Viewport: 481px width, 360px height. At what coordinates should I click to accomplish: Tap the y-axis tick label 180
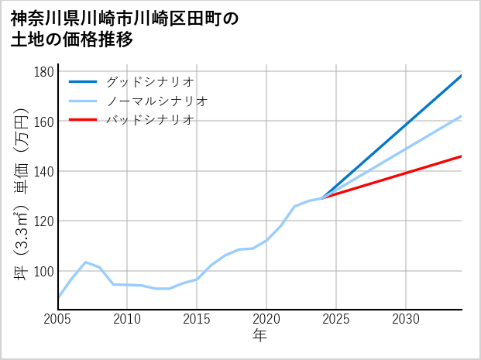click(44, 72)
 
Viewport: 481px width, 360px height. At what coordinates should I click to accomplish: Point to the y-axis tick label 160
click(44, 122)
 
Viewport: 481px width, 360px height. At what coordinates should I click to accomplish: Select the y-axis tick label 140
click(44, 171)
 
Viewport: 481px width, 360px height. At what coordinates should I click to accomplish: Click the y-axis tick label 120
click(44, 221)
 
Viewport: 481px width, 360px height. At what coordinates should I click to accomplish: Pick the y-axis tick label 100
click(44, 271)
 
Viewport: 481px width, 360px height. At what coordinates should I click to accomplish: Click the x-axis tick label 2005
click(58, 319)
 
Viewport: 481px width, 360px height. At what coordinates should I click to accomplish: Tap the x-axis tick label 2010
click(128, 319)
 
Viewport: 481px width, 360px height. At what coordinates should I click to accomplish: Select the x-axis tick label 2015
click(198, 319)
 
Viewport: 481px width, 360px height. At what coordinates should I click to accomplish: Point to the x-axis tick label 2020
click(266, 319)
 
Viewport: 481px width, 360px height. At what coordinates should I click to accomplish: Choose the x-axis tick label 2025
click(336, 319)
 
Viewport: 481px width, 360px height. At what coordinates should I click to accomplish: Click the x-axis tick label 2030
click(406, 319)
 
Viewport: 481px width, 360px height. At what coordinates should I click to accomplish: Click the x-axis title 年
click(259, 336)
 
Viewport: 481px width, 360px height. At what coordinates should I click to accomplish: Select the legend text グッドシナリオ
click(149, 81)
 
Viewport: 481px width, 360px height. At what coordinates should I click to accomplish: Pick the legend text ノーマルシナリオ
click(156, 101)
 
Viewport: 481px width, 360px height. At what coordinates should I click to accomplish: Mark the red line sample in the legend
click(83, 120)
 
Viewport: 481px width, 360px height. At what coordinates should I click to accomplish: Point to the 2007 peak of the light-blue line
click(85, 262)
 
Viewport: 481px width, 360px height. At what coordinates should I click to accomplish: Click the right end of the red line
click(461, 156)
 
